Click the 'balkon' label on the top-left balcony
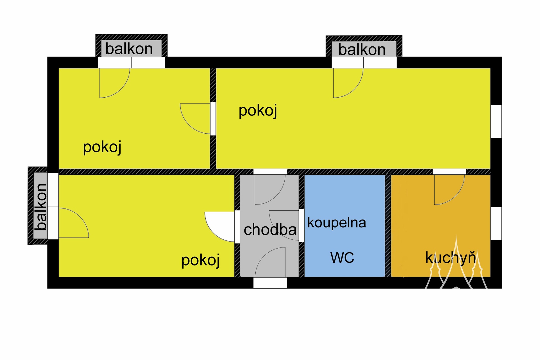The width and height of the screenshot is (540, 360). (x=129, y=49)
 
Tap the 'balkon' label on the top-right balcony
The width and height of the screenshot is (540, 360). (x=362, y=50)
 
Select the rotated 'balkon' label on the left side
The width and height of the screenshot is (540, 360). (x=41, y=207)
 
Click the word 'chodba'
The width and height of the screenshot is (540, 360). (x=270, y=229)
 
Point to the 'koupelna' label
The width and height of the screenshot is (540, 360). (x=337, y=222)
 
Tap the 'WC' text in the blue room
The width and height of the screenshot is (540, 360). (x=342, y=257)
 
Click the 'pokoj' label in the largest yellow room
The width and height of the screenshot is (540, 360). (x=258, y=111)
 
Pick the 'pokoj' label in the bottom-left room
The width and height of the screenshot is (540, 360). (x=201, y=260)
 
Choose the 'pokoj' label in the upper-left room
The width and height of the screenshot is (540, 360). (x=102, y=147)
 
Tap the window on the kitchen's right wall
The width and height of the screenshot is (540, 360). (x=496, y=224)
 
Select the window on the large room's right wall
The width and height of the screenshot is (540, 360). (x=496, y=121)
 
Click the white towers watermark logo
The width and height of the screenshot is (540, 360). (x=456, y=264)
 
